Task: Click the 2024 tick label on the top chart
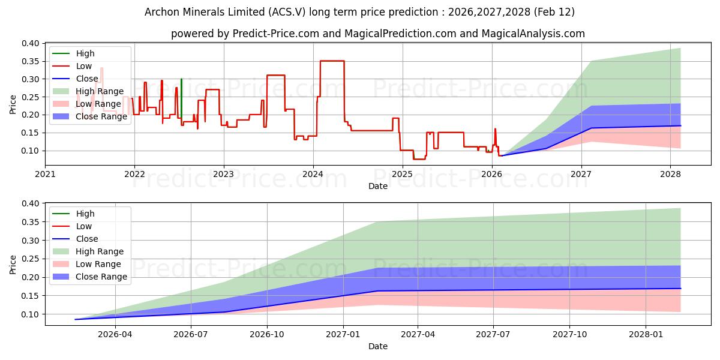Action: (x=313, y=174)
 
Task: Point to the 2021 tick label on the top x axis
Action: (x=45, y=174)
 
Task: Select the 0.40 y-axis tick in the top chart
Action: (x=30, y=43)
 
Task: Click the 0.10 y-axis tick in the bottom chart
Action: (x=30, y=314)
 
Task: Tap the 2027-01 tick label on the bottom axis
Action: (x=343, y=334)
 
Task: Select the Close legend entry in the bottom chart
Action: (x=87, y=239)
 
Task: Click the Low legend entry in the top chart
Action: (x=84, y=66)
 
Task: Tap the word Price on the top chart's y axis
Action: (x=13, y=104)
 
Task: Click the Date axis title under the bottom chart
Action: (x=378, y=346)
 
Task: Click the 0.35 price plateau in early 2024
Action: (x=332, y=61)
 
